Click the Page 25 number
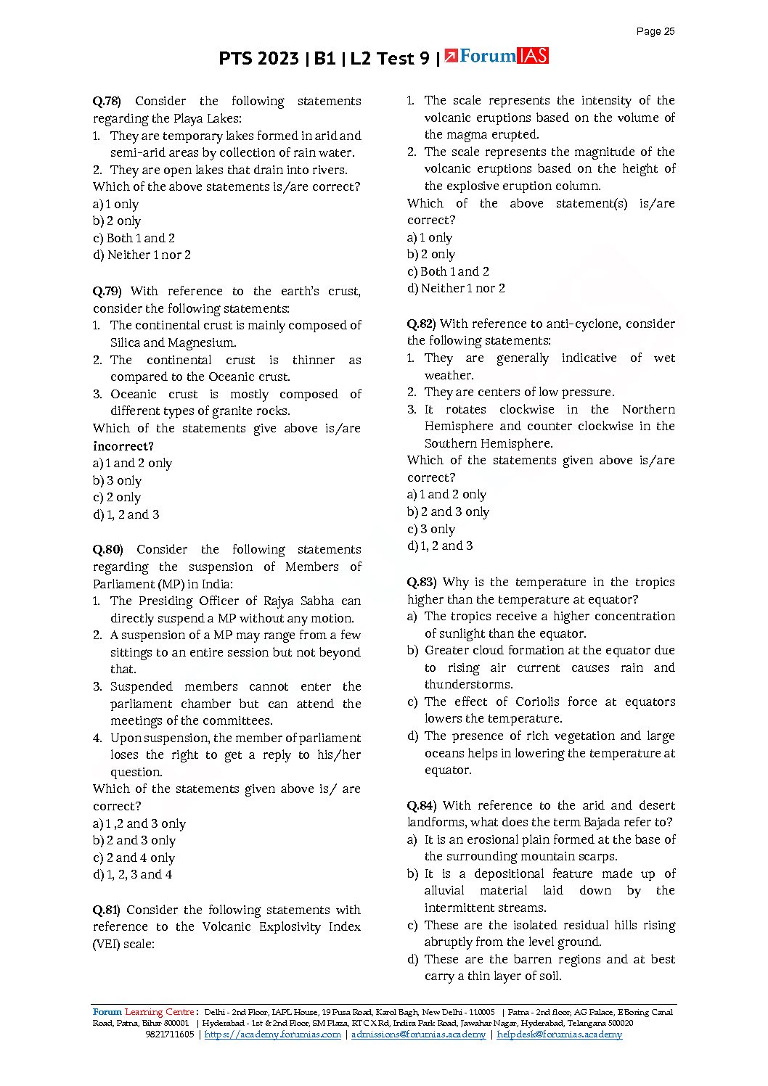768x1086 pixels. tap(655, 31)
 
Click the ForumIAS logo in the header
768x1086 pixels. tap(497, 57)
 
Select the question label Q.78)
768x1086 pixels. tap(107, 102)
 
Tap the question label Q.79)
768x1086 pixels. tap(107, 292)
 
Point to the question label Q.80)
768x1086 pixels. tap(107, 550)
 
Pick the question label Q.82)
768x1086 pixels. tap(421, 324)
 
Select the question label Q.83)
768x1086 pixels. tap(421, 583)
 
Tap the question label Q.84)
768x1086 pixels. tap(421, 806)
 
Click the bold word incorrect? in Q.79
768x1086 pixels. tap(123, 446)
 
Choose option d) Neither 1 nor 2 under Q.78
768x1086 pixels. tap(142, 255)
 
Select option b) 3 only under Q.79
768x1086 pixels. tap(117, 481)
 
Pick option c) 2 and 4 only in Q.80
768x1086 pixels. tap(134, 858)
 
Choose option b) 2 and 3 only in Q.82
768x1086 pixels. tap(448, 512)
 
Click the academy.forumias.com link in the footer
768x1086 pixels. tap(272, 1035)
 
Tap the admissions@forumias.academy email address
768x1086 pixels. tap(418, 1035)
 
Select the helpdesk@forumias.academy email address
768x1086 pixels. tap(559, 1035)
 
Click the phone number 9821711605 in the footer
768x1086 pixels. tap(169, 1035)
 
